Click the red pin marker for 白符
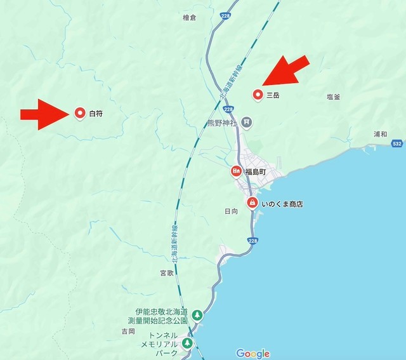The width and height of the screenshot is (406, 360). (x=80, y=113)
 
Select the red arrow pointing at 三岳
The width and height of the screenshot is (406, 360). (x=286, y=72)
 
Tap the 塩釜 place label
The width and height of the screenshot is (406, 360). (x=334, y=97)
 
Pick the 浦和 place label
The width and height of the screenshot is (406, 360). (x=381, y=135)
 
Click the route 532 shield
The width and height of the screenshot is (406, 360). (x=396, y=145)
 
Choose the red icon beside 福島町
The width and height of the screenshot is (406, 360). (x=236, y=171)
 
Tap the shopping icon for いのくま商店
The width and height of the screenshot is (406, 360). (x=252, y=203)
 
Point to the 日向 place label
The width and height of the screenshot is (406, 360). (x=232, y=211)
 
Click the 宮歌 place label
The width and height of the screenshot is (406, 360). (x=166, y=272)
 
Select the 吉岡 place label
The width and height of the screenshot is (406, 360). (x=128, y=331)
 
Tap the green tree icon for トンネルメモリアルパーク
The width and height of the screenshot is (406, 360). (x=187, y=343)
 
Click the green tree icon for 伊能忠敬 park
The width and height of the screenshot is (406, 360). (x=197, y=314)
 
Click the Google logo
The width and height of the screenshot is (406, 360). (x=252, y=353)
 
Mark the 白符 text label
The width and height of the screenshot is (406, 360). (x=96, y=114)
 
